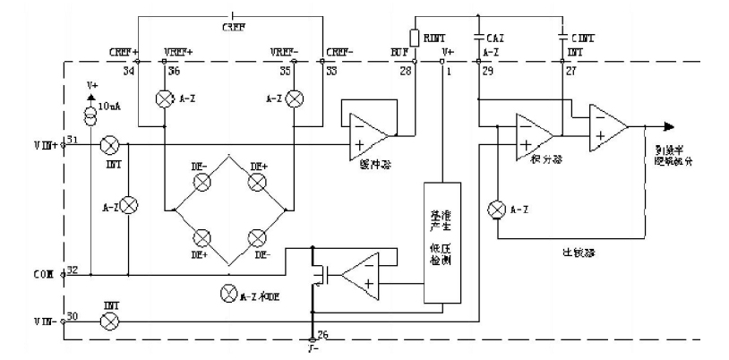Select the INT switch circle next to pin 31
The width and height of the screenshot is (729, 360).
[110, 142]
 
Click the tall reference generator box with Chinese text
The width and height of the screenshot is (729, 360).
[442, 242]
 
